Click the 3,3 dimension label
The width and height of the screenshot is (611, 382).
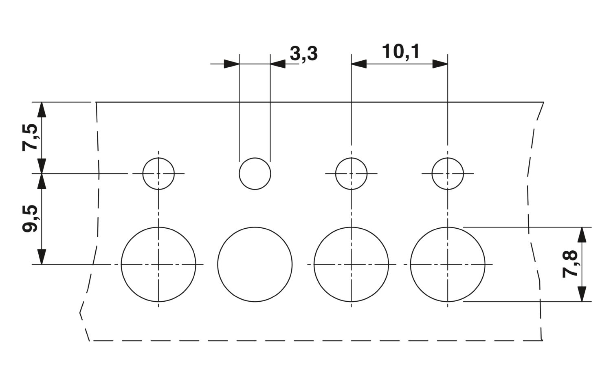[303, 53]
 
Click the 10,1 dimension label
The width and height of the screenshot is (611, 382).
[400, 51]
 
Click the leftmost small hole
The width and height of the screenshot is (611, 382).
[143, 174]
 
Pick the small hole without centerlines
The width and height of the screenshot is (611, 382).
[239, 174]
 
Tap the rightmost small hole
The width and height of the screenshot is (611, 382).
[432, 174]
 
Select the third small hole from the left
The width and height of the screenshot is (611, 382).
[336, 174]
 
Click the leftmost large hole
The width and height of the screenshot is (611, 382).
[121, 264]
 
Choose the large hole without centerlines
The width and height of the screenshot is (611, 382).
[218, 264]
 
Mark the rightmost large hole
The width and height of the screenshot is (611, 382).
[411, 264]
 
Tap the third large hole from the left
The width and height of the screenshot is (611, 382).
[314, 264]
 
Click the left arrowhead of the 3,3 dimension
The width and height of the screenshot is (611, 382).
[232, 64]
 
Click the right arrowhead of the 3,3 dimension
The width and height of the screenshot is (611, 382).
[278, 64]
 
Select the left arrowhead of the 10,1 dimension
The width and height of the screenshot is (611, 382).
[359, 64]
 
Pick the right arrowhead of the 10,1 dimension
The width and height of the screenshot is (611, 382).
[440, 64]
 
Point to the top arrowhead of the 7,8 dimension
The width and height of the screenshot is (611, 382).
[582, 234]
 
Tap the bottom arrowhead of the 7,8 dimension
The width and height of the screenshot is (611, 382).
[582, 294]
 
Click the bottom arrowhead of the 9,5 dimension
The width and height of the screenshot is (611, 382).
[42, 257]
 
